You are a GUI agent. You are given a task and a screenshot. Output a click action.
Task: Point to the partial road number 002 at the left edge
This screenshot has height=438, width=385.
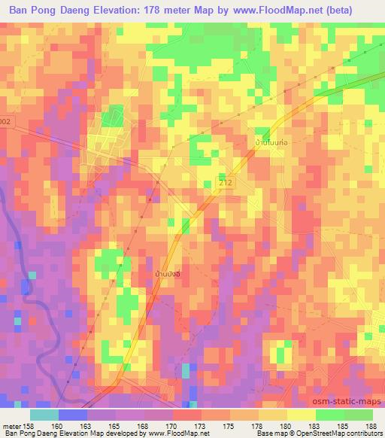pos(6,121)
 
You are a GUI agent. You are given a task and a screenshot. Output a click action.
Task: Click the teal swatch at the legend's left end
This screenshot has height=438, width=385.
pos(44,414)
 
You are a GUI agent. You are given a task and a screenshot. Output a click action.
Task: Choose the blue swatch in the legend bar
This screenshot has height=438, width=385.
pos(73,414)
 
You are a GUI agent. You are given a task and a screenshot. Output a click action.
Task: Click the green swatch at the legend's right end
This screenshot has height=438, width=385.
pos(358,414)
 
